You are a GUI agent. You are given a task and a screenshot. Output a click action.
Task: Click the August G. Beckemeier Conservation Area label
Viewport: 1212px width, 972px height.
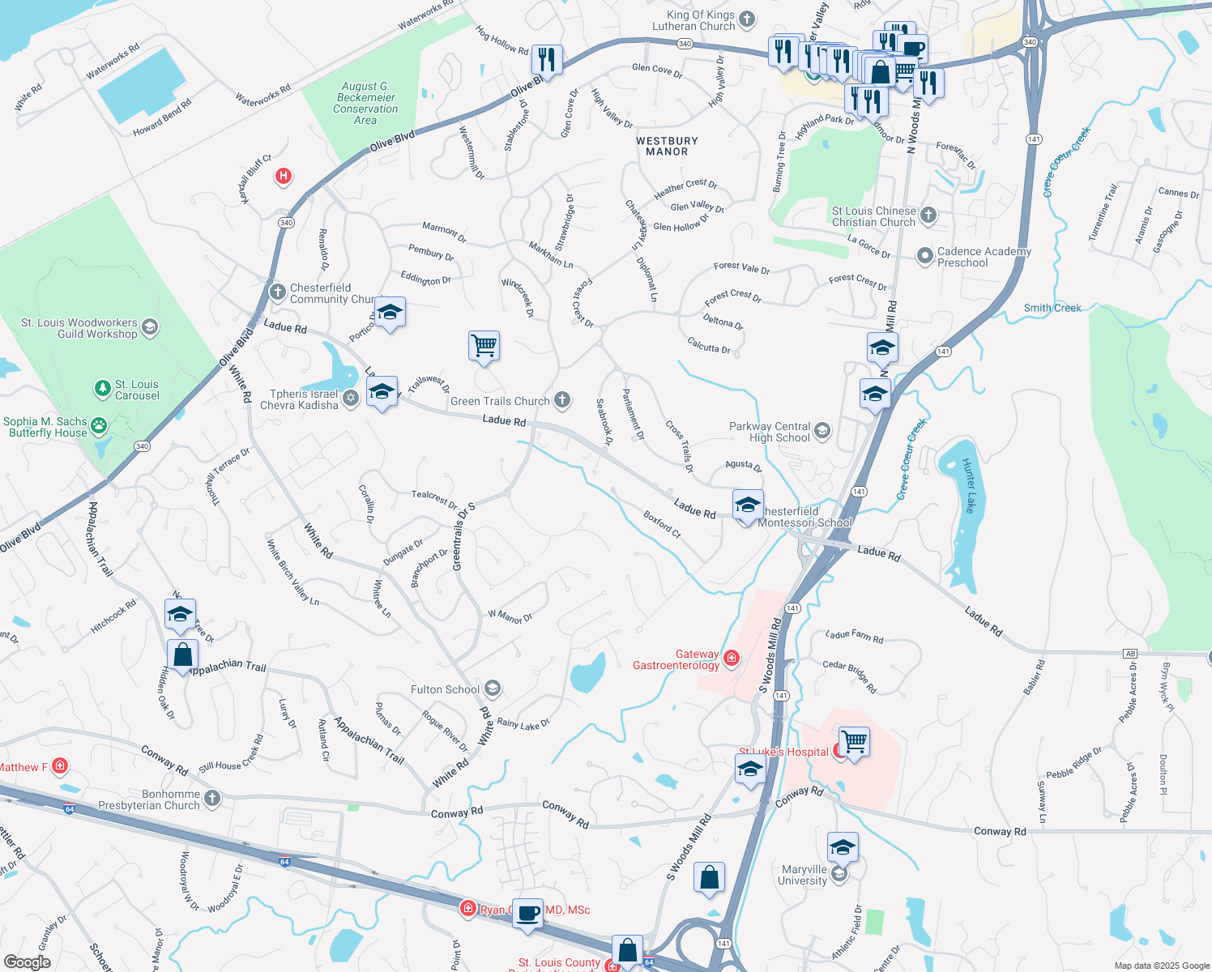pos(365,103)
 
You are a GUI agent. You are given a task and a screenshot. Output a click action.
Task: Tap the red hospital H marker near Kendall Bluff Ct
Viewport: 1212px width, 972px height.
pos(283,176)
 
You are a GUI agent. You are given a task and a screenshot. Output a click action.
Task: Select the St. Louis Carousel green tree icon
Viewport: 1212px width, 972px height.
pos(102,389)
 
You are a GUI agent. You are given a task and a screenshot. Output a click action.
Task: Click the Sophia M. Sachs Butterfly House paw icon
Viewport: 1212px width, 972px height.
pos(99,425)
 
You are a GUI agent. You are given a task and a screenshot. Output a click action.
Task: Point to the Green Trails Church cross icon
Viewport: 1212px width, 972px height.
pos(562,400)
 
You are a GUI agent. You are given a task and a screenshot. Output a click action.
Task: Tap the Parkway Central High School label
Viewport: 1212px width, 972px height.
pos(769,432)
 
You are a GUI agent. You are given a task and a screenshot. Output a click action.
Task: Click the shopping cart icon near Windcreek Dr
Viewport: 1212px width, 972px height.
pos(484,346)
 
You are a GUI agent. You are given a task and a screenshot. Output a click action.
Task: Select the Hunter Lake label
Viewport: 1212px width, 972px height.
pos(969,485)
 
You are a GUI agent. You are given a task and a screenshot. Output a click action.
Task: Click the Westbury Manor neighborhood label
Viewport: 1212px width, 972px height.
pos(667,146)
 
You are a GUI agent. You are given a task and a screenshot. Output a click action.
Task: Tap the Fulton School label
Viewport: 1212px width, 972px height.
pos(445,689)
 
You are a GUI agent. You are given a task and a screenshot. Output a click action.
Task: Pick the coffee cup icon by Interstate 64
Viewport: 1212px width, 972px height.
pos(528,913)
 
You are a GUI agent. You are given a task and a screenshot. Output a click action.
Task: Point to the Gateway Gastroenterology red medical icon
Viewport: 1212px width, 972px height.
pos(732,657)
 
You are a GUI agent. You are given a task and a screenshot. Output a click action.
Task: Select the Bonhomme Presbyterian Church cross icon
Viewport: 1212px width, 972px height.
pos(212,799)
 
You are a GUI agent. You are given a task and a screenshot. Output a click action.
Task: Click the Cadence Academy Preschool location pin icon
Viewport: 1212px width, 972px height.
pos(924,256)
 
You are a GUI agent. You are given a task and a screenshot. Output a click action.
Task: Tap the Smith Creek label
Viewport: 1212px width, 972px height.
pos(1052,308)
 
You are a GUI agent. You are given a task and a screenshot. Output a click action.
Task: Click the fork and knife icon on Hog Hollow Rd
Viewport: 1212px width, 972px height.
pos(547,59)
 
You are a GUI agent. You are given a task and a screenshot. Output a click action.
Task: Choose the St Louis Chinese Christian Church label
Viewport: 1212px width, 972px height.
pos(873,216)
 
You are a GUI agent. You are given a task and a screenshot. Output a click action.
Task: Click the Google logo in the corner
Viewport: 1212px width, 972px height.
pos(27,962)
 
